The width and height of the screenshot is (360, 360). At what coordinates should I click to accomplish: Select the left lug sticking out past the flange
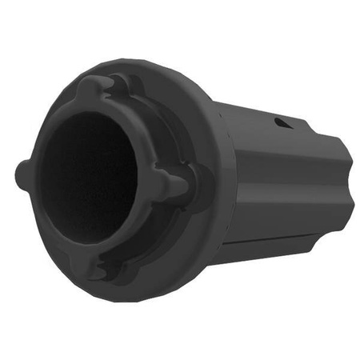pyautogui.click(x=24, y=170)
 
